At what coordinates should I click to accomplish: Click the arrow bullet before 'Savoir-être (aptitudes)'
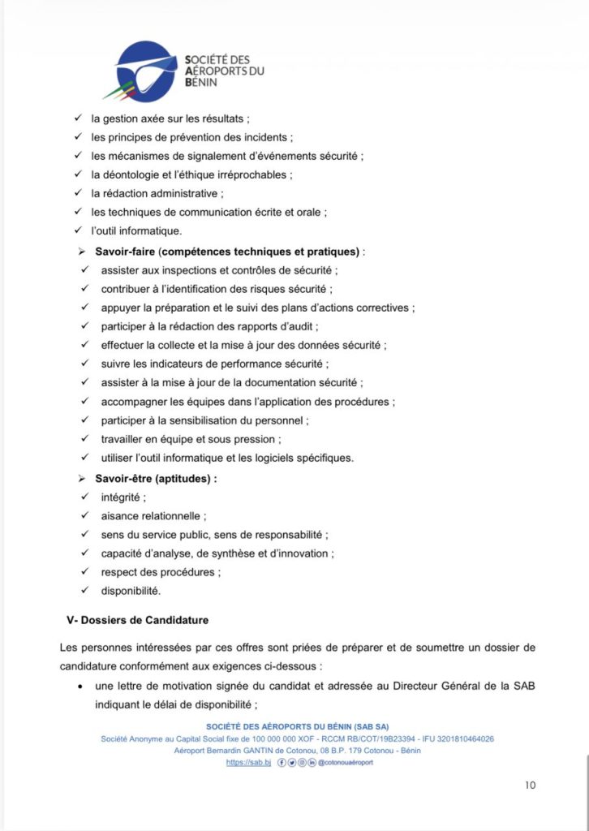(x=81, y=479)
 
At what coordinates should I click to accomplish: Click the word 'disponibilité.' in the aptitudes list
(x=131, y=590)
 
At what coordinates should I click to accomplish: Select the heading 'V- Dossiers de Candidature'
(x=137, y=620)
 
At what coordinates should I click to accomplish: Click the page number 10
(x=531, y=785)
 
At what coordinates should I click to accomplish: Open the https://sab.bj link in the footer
(x=247, y=763)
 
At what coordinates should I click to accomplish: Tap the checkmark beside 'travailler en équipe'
(x=85, y=439)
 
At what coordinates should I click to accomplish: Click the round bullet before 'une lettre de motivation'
(x=79, y=687)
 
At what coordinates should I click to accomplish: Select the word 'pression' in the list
(x=256, y=439)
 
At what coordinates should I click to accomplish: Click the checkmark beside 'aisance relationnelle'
(x=85, y=515)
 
